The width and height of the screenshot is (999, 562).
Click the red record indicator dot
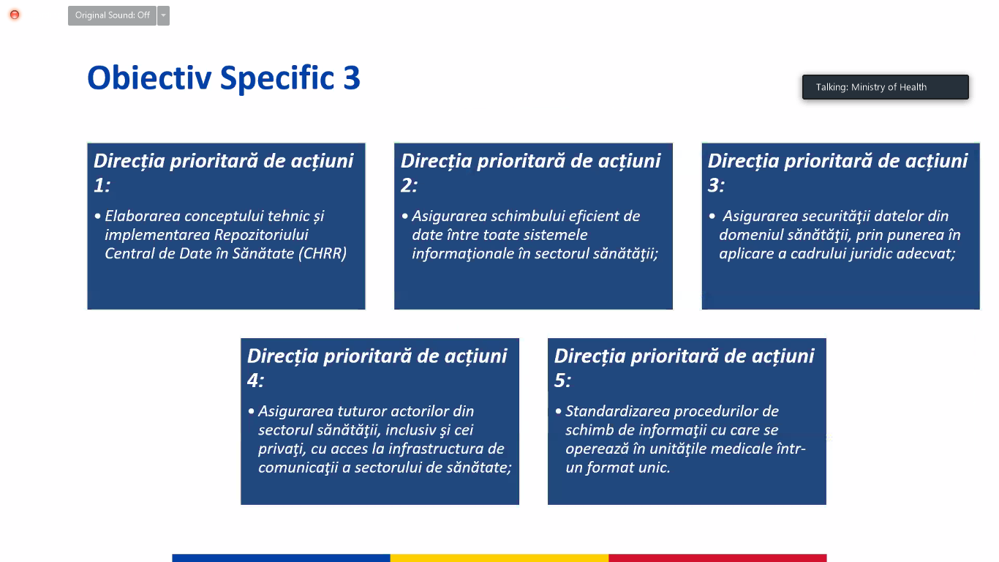15,15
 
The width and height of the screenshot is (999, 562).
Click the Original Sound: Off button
112,15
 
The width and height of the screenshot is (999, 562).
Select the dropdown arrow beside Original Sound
163,15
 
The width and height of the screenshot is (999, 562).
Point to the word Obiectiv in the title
149,78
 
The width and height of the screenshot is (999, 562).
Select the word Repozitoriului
261,235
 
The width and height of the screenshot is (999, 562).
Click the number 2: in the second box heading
409,185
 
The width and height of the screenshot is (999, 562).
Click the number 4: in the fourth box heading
255,381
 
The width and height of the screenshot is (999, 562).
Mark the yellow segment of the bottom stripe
499,558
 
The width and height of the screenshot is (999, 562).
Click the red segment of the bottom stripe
717,558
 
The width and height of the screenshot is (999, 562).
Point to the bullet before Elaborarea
98,217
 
